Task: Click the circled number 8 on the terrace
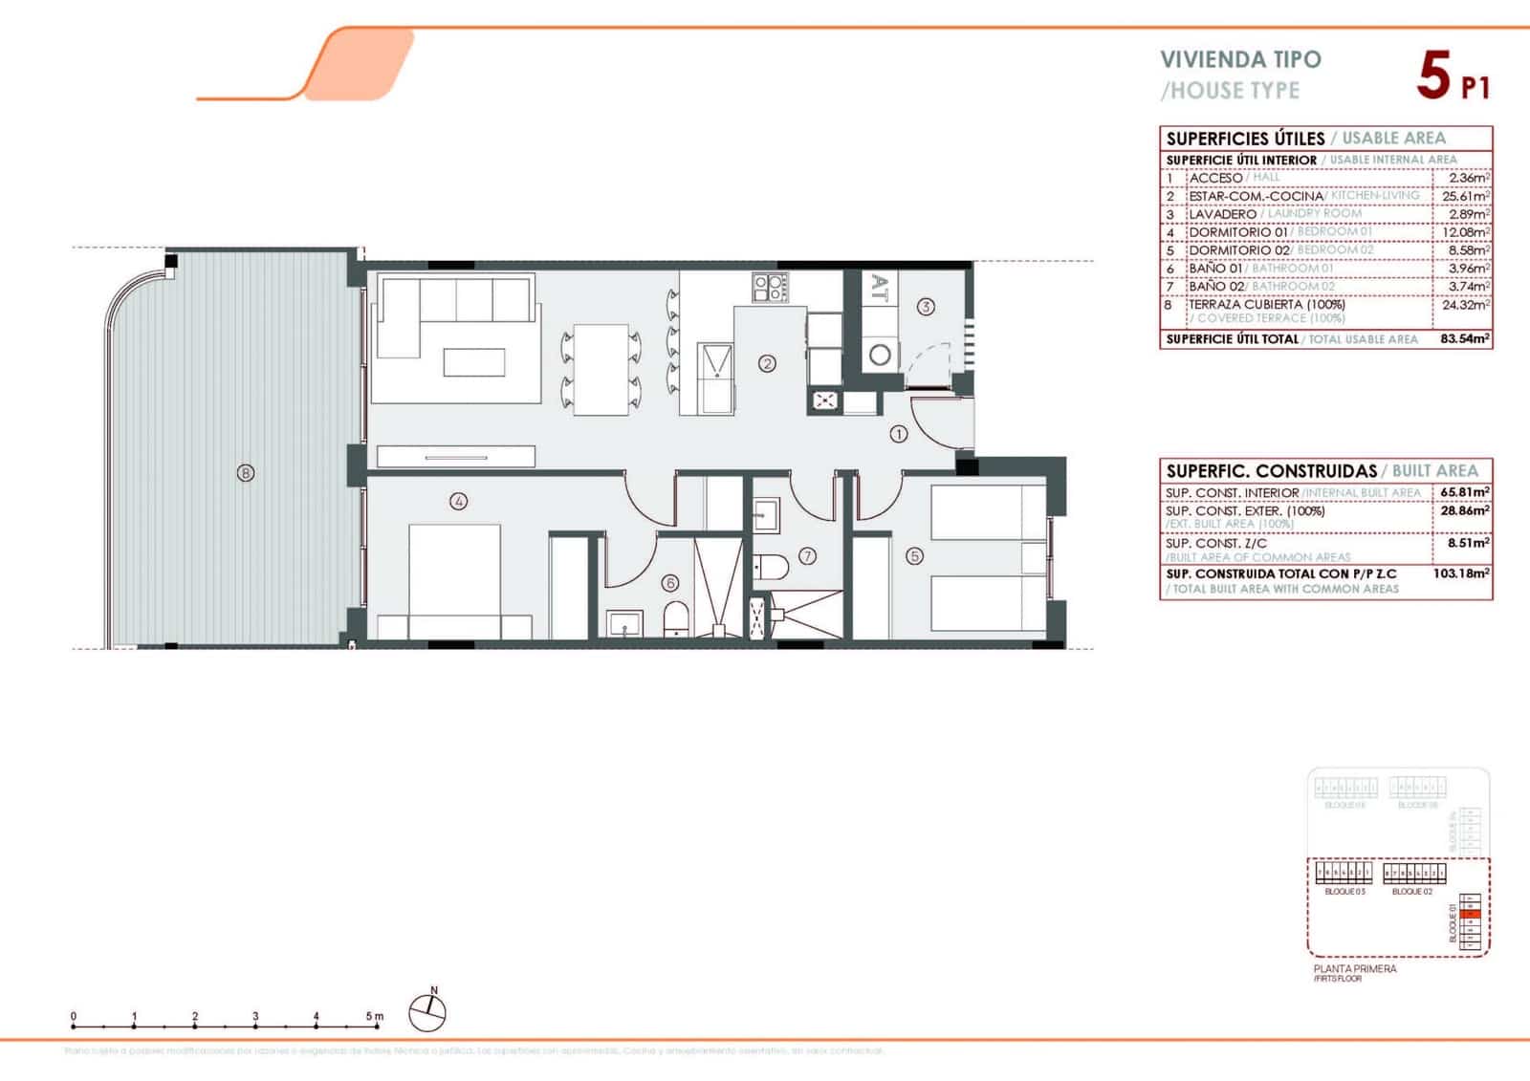[x=246, y=473]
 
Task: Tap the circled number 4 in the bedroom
[x=459, y=501]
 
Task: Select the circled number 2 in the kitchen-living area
[x=767, y=363]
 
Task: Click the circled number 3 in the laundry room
[x=925, y=307]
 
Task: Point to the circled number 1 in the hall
[x=898, y=434]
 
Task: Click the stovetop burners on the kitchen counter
[x=770, y=287]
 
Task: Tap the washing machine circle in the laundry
[x=880, y=356]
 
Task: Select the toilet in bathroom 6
[x=675, y=619]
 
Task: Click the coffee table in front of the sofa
[x=474, y=363]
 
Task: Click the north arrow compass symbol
[x=427, y=1012]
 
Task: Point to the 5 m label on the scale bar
[x=374, y=1016]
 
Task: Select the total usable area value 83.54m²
[x=1464, y=338]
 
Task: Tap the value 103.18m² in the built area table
[x=1462, y=573]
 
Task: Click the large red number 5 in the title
[x=1433, y=76]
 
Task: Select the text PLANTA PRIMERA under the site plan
[x=1354, y=968]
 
